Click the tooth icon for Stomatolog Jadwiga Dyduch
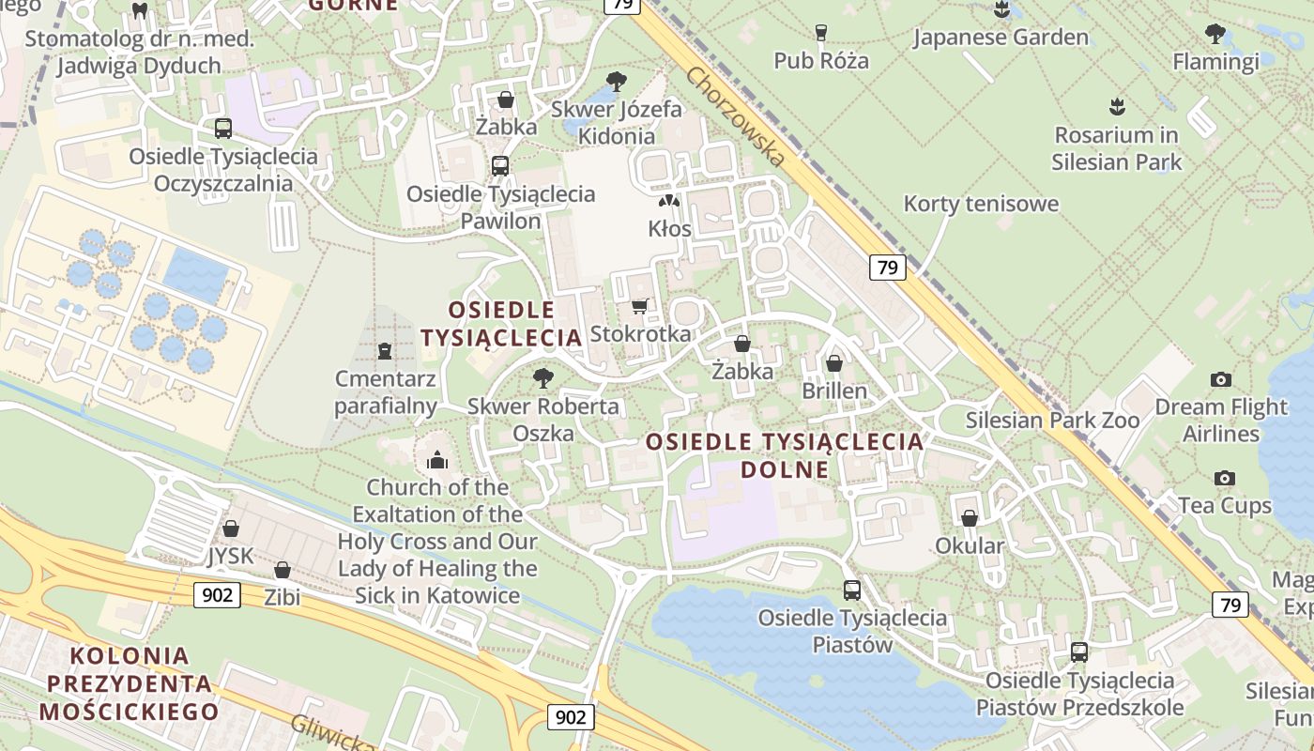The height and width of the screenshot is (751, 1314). (141, 10)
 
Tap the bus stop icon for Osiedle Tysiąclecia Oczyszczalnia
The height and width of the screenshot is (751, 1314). (223, 129)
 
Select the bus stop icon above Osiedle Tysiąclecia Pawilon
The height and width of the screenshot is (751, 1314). (500, 166)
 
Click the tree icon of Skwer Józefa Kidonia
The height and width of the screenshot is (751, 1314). (617, 82)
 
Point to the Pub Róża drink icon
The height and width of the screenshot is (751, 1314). (821, 33)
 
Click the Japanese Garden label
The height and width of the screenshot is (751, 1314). (1001, 38)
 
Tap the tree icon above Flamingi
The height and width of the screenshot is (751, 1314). (1215, 35)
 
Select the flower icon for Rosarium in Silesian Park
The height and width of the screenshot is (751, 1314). (1116, 107)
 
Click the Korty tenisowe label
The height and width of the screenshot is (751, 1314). (981, 204)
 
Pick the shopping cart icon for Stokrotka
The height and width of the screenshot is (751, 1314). (640, 306)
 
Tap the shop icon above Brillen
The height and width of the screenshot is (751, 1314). (834, 362)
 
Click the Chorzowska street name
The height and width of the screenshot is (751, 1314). (735, 117)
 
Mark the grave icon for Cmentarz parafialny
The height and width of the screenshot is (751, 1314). (384, 351)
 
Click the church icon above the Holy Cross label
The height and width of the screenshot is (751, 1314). (436, 460)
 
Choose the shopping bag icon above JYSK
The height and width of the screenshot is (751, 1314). (231, 529)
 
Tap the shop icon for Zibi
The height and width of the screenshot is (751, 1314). (282, 570)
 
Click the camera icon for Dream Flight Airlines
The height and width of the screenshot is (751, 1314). (1220, 379)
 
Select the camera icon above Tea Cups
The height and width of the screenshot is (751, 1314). (1224, 479)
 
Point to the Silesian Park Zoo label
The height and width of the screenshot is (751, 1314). (1052, 420)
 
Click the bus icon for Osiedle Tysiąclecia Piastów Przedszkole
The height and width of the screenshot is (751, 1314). (1079, 651)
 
